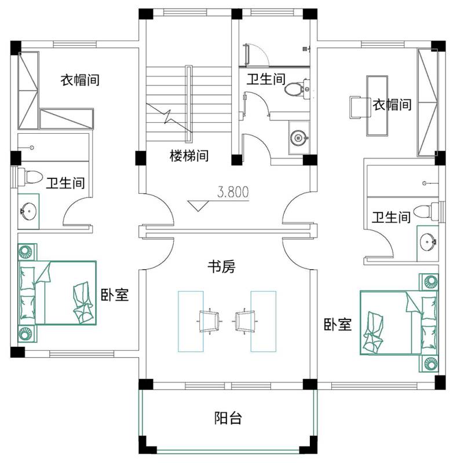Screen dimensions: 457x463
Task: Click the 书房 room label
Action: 221,267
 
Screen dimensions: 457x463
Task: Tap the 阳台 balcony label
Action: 228,418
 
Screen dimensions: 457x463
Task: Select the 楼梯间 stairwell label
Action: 189,156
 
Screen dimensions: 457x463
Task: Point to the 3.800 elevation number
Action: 233,192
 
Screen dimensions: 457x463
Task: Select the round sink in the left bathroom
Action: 28,211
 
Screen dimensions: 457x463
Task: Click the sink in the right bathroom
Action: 428,242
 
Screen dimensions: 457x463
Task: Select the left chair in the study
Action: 209,321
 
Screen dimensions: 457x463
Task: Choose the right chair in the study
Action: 245,321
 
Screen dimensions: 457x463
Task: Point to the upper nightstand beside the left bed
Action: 27,252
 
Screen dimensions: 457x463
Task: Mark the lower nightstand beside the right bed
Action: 429,363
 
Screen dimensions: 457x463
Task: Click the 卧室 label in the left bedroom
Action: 115,295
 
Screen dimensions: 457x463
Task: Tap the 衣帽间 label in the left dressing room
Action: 80,80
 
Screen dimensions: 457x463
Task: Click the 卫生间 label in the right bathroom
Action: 391,217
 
